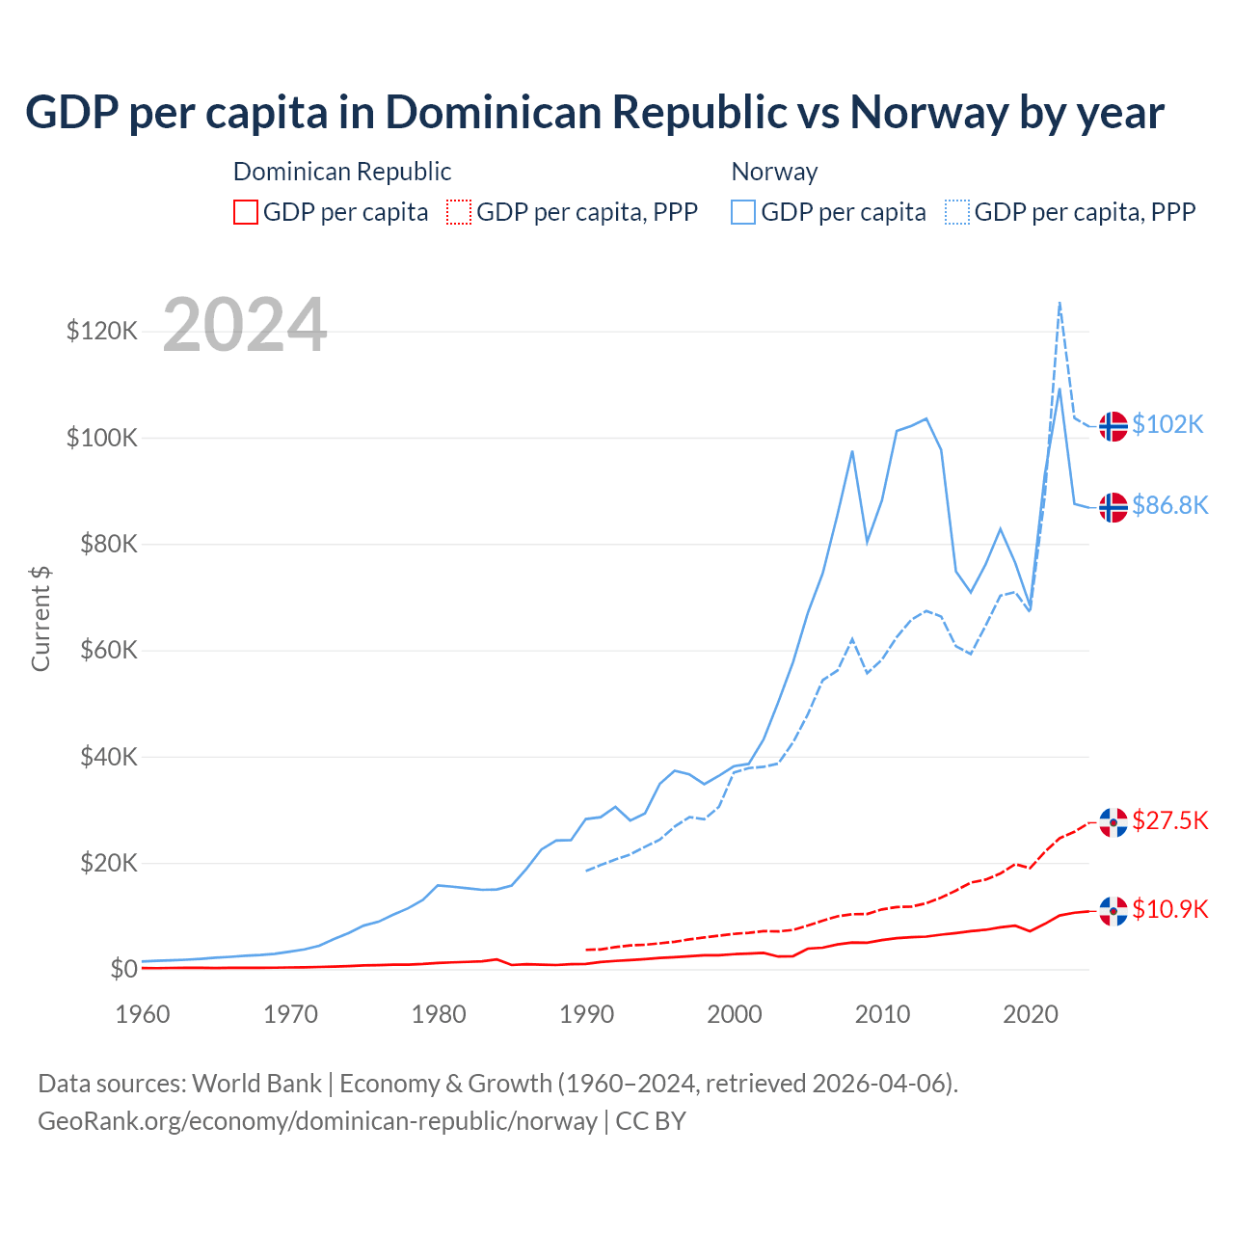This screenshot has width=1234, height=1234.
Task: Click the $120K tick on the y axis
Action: (102, 332)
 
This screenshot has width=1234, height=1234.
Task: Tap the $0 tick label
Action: (123, 969)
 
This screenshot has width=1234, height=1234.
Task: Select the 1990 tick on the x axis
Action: (586, 1014)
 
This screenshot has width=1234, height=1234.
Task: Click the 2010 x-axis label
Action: (882, 1014)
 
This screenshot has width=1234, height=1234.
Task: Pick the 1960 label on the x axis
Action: (143, 1014)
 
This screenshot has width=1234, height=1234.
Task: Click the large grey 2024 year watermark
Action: (245, 326)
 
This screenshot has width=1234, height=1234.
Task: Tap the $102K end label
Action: (1167, 424)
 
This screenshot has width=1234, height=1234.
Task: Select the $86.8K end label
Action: (1169, 505)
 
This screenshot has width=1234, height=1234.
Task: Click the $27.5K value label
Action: (1169, 820)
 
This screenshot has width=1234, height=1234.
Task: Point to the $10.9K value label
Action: (1169, 909)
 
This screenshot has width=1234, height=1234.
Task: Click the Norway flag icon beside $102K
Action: (1113, 425)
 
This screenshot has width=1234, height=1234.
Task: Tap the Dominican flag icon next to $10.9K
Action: (1113, 910)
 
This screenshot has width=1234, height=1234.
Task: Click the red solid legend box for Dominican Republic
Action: (246, 212)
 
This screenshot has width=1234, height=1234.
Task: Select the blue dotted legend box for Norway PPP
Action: (957, 212)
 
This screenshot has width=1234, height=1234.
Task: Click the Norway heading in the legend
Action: (774, 172)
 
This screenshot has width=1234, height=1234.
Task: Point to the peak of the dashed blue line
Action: (1060, 303)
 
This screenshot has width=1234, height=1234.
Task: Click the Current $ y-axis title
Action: (40, 619)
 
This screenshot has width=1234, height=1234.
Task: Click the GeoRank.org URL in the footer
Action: (317, 1121)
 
